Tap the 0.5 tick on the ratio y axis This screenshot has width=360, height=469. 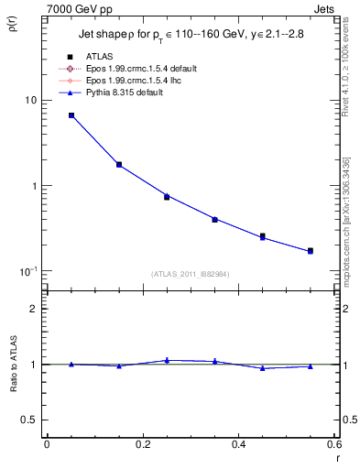(x=29, y=420)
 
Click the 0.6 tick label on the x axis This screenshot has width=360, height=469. (x=334, y=444)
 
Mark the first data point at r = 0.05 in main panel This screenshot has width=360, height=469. (x=71, y=115)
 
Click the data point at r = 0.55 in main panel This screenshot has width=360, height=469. (x=311, y=251)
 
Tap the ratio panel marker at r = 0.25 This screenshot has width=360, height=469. (x=167, y=361)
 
